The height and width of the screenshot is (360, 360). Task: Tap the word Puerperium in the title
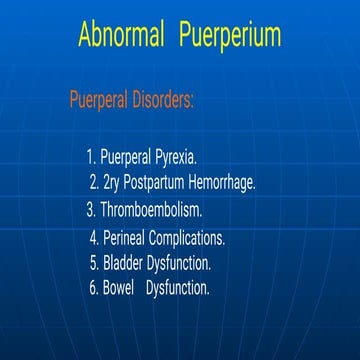[230, 37]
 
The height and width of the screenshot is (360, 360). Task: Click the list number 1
[90, 157]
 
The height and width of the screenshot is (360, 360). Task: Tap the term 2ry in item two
[113, 183]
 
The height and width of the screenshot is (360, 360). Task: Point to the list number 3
[92, 210]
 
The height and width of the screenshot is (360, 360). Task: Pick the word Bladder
[123, 263]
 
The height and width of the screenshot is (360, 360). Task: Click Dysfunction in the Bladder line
[180, 263]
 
